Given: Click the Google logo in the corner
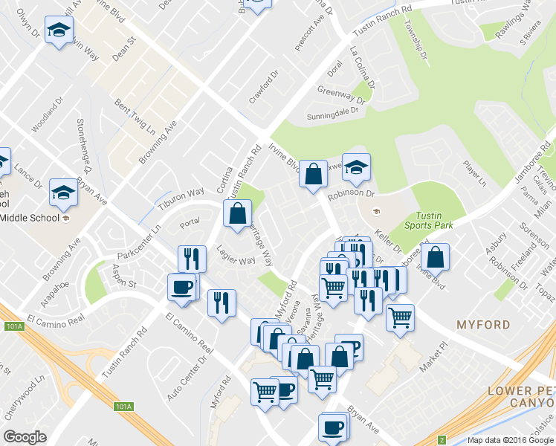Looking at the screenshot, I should click(25, 437).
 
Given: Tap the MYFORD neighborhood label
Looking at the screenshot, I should click(484, 325).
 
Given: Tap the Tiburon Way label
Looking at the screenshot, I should click(179, 196).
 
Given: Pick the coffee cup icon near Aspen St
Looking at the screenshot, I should click(182, 286).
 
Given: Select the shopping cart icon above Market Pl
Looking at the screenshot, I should click(400, 317).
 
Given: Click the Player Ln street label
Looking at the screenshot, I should click(473, 172).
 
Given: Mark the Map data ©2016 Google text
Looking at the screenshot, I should click(508, 439).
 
